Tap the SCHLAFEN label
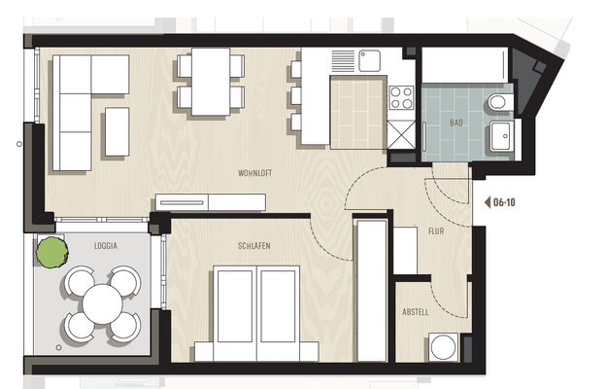point(253,247)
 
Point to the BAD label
point(455,124)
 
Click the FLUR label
point(436,231)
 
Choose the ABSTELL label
point(416,312)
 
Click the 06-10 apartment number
point(504,203)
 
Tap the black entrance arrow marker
point(487,203)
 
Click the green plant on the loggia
point(51,253)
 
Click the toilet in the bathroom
point(497,101)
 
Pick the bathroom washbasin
point(502,138)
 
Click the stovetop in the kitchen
point(400,97)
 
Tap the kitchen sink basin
point(370,60)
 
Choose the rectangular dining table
point(211,81)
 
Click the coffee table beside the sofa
point(117,131)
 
